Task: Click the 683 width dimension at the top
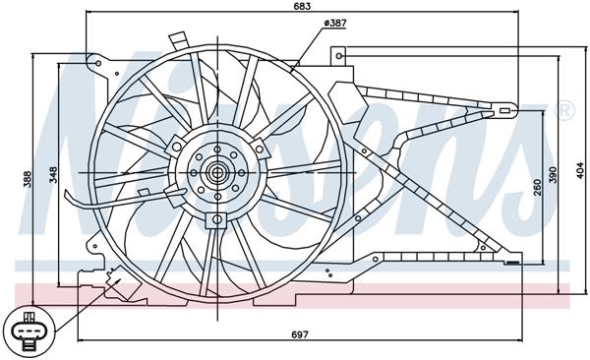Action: coord(302,8)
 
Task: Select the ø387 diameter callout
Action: coord(334,23)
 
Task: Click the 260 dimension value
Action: coord(536,186)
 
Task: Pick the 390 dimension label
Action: coord(552,174)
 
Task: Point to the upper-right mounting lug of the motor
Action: coord(260,148)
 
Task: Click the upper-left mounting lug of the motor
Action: coord(176,147)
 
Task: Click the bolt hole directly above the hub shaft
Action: coord(216,153)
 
